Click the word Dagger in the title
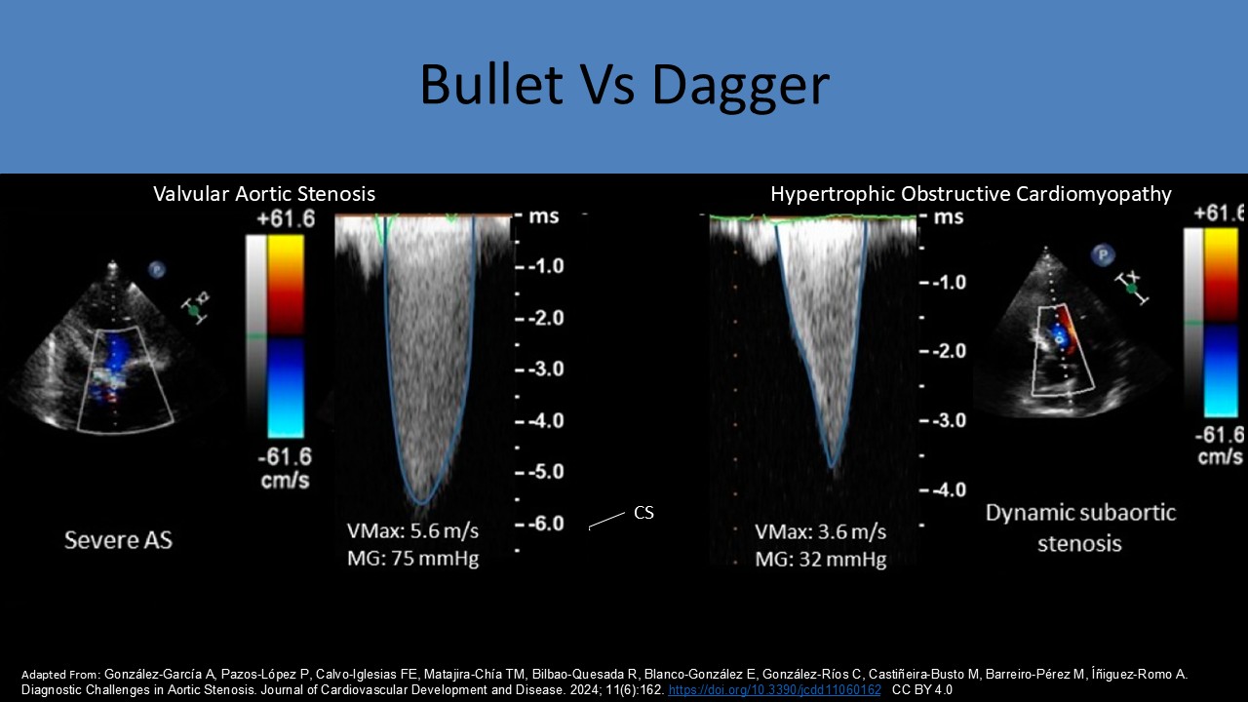[x=740, y=85]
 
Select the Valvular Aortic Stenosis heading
[x=263, y=194]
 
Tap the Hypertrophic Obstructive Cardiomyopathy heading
[x=970, y=194]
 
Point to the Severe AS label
[x=118, y=539]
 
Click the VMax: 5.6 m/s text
[x=412, y=531]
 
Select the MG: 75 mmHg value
[x=412, y=559]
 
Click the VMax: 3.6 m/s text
[x=820, y=532]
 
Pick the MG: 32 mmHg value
[x=820, y=560]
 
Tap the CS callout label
[x=643, y=512]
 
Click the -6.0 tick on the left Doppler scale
[x=543, y=524]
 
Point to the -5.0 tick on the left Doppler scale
[x=543, y=472]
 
